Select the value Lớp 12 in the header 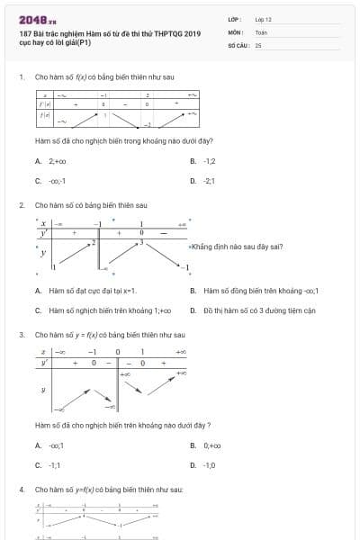point(263,19)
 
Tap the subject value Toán point(261,31)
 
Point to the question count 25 point(258,44)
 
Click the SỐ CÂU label point(238,44)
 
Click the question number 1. point(21,76)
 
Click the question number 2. point(21,204)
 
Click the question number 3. point(21,335)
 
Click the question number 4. point(21,489)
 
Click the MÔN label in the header point(235,31)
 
